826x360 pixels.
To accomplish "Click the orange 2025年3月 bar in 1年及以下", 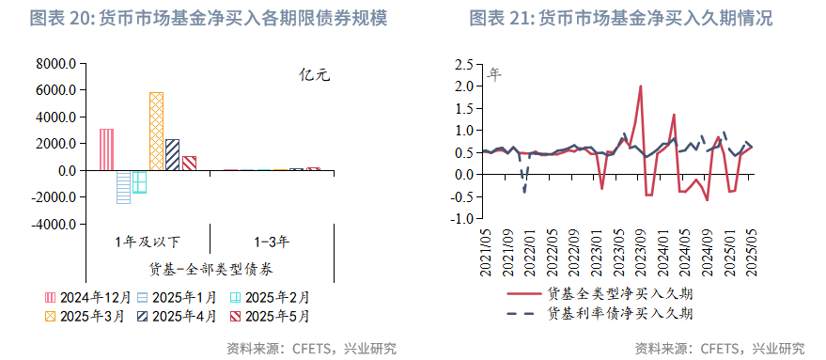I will coord(156,132).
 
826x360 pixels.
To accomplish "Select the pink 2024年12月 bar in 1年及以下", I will coord(106,149).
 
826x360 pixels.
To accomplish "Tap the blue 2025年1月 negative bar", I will coord(123,186).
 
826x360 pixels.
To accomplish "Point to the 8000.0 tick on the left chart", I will coord(55,64).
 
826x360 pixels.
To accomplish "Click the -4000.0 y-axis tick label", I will coord(54,225).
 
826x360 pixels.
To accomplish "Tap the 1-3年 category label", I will coord(272,242).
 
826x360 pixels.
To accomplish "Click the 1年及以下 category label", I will coord(148,242).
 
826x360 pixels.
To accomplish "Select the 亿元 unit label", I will coord(314,76).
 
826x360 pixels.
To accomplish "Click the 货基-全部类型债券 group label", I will coord(210,269).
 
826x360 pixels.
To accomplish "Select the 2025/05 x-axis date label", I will coord(751,252).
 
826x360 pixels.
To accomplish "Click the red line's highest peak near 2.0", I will coord(640,86).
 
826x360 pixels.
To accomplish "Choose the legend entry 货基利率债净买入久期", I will coord(620,313).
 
